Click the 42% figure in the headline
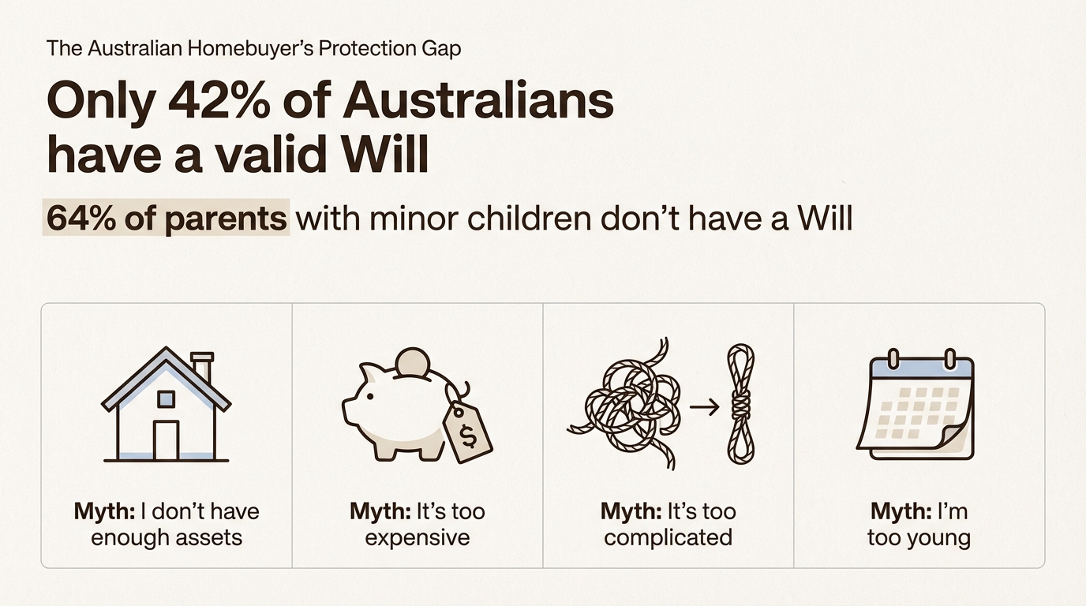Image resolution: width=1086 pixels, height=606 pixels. pyautogui.click(x=219, y=101)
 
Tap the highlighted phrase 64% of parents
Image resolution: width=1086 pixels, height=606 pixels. pyautogui.click(x=167, y=218)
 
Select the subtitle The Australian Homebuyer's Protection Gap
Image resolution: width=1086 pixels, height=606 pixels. pyautogui.click(x=253, y=48)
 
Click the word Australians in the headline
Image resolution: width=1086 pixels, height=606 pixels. pyautogui.click(x=478, y=101)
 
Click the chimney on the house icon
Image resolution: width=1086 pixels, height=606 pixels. pyautogui.click(x=202, y=366)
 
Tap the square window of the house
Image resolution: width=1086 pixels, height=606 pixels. pyautogui.click(x=166, y=399)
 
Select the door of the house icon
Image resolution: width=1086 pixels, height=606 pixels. pyautogui.click(x=166, y=440)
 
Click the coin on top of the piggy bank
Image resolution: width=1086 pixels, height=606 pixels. pyautogui.click(x=412, y=362)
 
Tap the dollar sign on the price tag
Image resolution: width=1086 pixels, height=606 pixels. pyautogui.click(x=468, y=436)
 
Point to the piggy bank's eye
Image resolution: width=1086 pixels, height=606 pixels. pyautogui.click(x=370, y=396)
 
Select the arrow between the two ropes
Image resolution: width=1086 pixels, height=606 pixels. pyautogui.click(x=705, y=407)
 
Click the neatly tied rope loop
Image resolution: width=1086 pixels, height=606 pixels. pyautogui.click(x=741, y=404)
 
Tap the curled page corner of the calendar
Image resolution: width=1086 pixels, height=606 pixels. pyautogui.click(x=955, y=437)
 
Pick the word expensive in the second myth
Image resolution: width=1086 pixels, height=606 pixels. pyautogui.click(x=418, y=538)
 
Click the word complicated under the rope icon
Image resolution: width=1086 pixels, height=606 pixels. pyautogui.click(x=668, y=538)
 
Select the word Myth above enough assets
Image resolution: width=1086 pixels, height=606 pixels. pyautogui.click(x=104, y=511)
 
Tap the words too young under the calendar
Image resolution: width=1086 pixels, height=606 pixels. pyautogui.click(x=919, y=538)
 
